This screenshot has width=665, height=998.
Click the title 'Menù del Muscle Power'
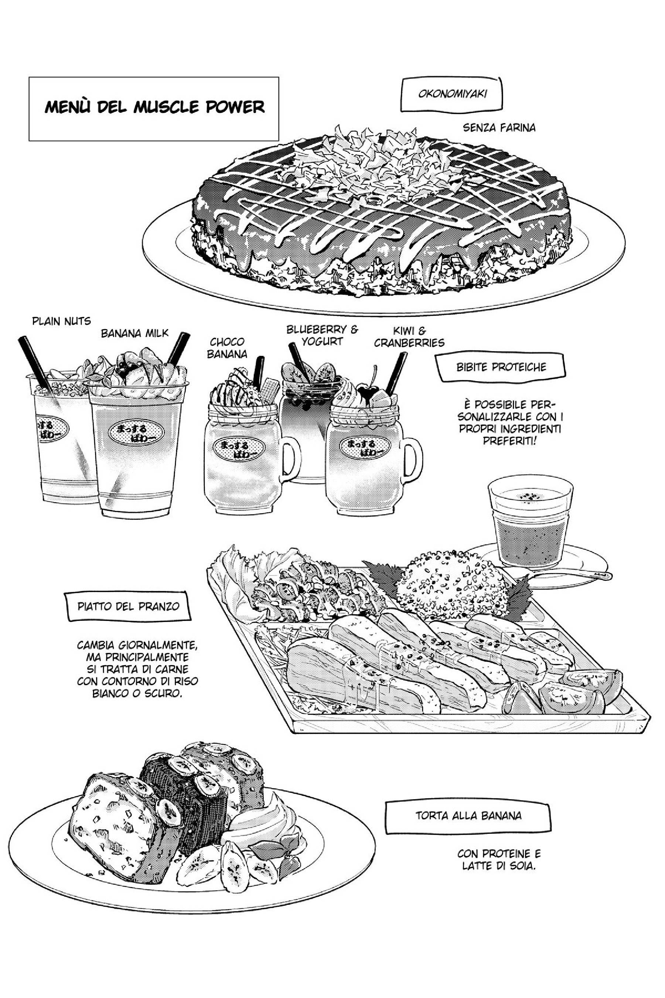[154, 107]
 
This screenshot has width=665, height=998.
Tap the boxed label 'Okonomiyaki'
[452, 94]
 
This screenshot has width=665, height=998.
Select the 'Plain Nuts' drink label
[61, 321]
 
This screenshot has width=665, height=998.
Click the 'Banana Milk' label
[134, 333]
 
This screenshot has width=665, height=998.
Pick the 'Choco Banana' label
[227, 348]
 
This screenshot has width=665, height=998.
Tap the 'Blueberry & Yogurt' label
[322, 335]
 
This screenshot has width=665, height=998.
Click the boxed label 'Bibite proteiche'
[501, 367]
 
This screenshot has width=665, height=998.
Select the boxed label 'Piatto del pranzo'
[129, 606]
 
